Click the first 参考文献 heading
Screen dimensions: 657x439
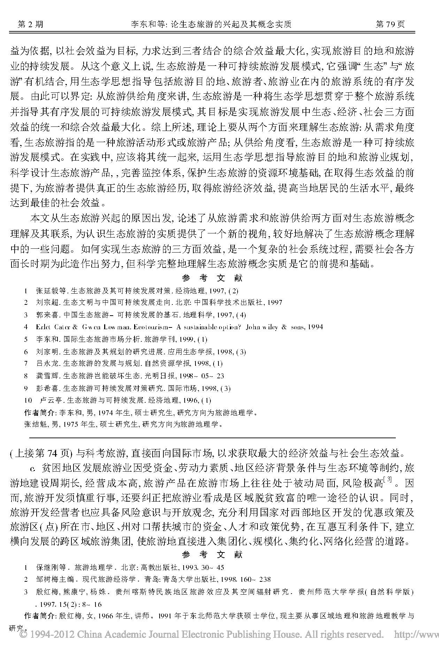point(212,278)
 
